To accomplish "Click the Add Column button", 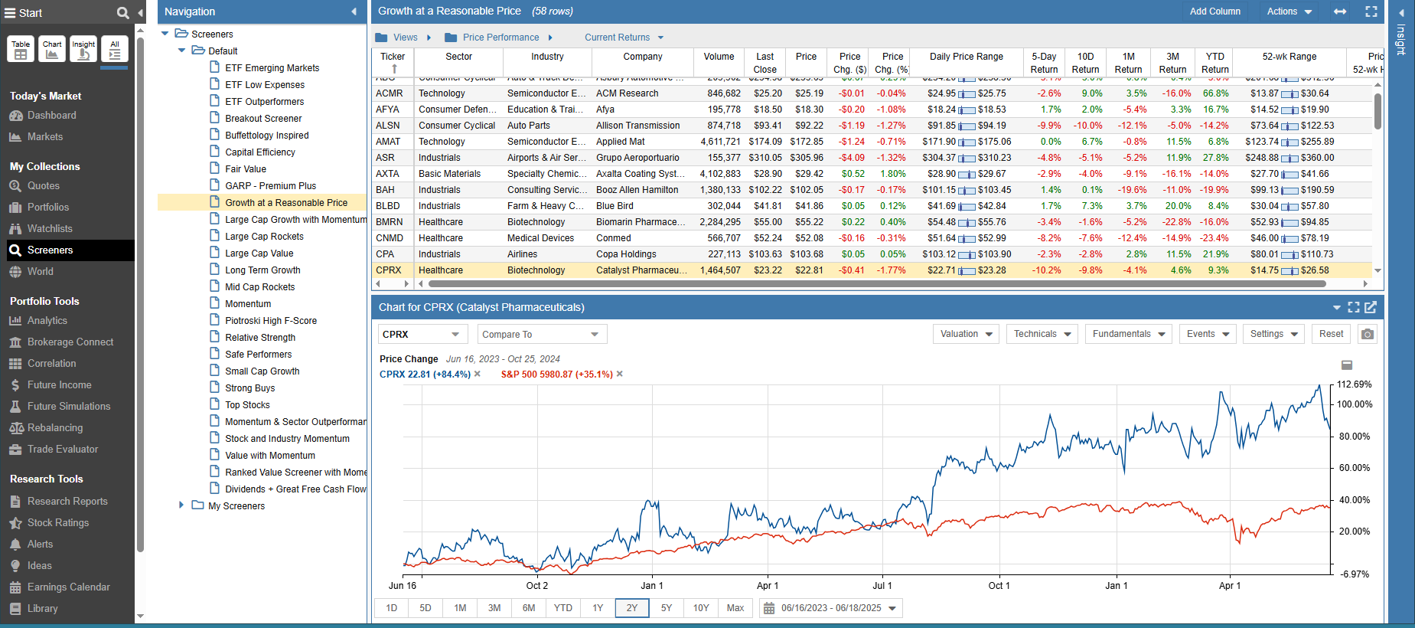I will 1214,11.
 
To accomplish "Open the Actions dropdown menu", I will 1289,11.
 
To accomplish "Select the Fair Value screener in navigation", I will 246,169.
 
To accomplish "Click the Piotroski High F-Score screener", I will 270,321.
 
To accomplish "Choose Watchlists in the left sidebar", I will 50,228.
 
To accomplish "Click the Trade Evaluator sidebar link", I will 63,450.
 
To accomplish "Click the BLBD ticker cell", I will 388,206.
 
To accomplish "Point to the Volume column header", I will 719,57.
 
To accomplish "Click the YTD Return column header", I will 1214,63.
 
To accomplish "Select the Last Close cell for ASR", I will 765,158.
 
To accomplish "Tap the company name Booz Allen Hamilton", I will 637,190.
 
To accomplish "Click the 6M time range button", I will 529,608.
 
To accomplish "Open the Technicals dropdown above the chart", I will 1043,334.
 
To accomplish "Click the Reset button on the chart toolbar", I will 1331,334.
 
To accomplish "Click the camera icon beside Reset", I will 1368,334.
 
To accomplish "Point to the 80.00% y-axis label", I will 1354,437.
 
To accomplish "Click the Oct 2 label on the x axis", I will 536,586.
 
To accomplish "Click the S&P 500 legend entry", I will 556,375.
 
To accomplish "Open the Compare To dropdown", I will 541,335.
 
